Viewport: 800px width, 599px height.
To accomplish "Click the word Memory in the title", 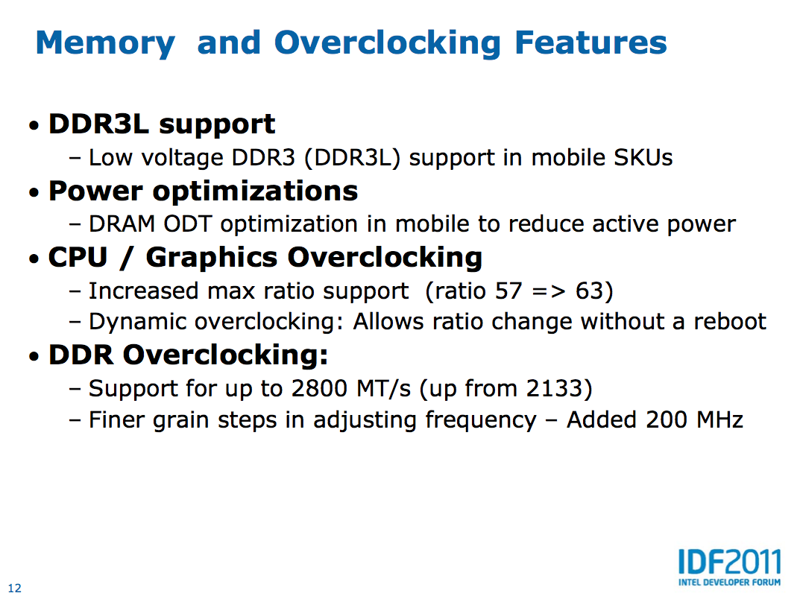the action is pos(105,44).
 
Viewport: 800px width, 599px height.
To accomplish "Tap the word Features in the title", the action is pos(590,42).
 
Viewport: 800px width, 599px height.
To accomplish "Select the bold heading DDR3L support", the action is pos(162,124).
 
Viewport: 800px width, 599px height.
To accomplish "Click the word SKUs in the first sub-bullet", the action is pos(643,157).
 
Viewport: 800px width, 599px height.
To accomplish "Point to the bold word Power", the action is pos(95,191).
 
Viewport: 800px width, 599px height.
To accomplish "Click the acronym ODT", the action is pos(187,224).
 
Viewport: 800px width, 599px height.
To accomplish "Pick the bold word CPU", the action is pos(78,257).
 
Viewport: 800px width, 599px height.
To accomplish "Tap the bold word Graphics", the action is pos(211,258).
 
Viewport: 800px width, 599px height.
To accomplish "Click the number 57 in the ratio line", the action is pos(508,291).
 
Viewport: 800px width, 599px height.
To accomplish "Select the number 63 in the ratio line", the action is pos(589,291).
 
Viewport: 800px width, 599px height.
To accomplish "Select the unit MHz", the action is pos(719,420).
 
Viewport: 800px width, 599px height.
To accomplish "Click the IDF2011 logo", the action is pos(730,567).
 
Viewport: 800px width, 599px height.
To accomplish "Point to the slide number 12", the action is pos(15,589).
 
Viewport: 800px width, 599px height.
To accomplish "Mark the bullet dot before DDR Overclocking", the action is pos(34,357).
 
